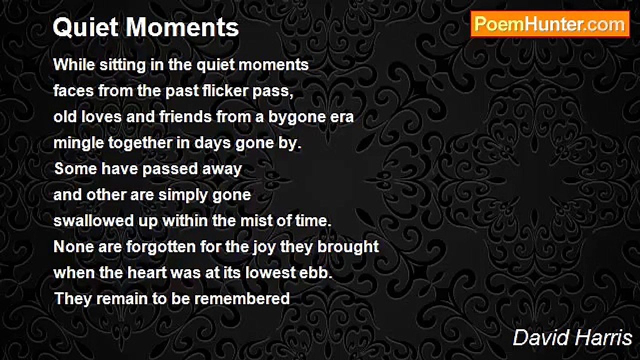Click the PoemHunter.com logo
pyautogui.click(x=550, y=24)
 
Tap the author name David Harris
pyautogui.click(x=572, y=338)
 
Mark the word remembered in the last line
pyautogui.click(x=242, y=299)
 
